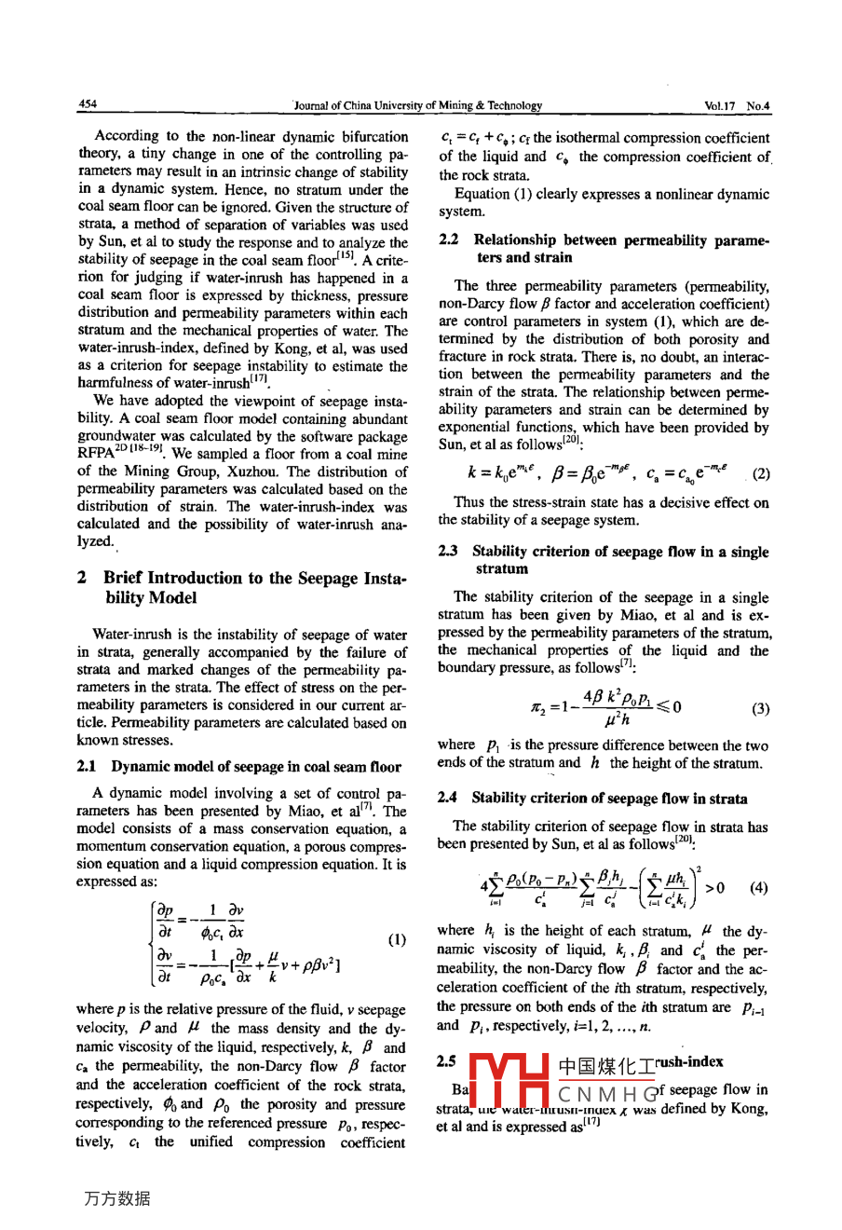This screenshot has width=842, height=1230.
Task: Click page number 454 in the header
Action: (88, 105)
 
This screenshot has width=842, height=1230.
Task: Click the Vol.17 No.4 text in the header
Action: (737, 106)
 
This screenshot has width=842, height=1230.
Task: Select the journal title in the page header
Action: (418, 106)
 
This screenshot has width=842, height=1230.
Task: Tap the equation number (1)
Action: (396, 939)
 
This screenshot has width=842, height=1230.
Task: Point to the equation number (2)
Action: (761, 473)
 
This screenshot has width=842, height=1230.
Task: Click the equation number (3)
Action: (760, 708)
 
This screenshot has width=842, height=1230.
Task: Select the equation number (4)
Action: (759, 887)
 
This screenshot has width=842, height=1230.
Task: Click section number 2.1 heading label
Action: (87, 767)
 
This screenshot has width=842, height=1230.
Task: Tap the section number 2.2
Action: (448, 240)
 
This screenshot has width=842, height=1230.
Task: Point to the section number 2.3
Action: (448, 552)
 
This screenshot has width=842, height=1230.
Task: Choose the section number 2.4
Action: (448, 799)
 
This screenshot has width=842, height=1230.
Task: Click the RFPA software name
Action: (97, 454)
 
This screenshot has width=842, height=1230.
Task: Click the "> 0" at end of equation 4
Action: (714, 887)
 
